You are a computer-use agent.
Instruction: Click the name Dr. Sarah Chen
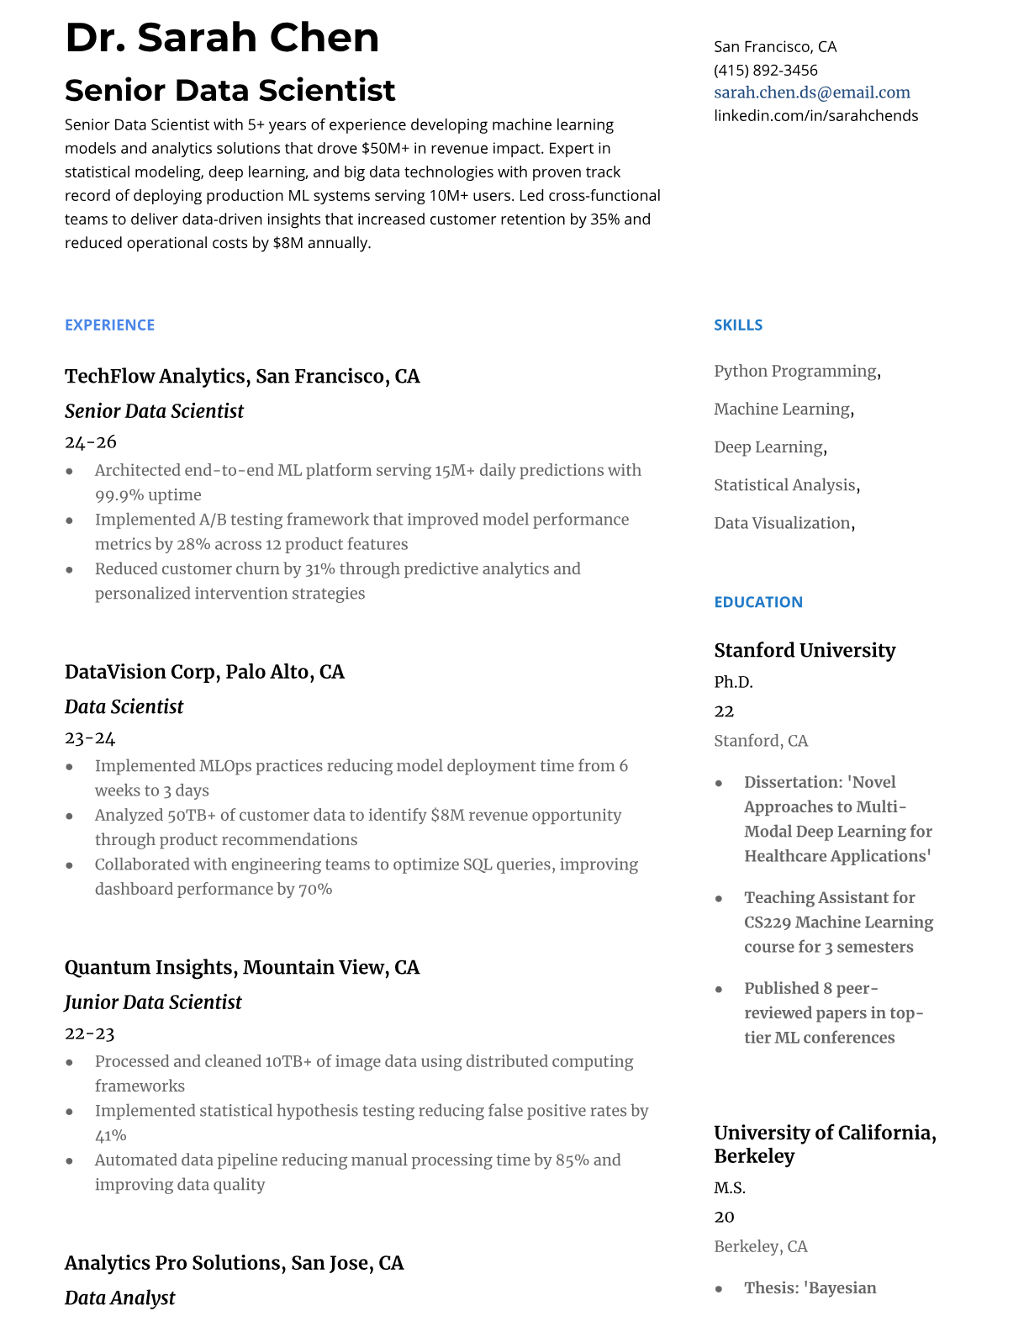pos(222,38)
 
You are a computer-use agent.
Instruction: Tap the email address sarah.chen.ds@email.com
pos(812,92)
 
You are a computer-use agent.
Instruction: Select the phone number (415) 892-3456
pos(765,70)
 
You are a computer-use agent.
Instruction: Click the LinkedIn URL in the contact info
pos(815,115)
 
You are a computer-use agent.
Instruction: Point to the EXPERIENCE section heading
pos(109,325)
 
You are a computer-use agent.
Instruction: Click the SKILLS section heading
pos(738,325)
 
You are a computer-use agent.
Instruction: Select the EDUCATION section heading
pos(757,602)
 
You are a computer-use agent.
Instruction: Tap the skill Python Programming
pos(795,371)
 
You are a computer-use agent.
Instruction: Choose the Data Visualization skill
pos(782,523)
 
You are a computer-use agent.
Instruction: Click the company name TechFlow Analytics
pos(156,376)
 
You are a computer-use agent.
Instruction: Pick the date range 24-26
pos(90,441)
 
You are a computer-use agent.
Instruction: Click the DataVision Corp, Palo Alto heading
pos(204,672)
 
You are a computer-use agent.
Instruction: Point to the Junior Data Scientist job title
pos(153,1002)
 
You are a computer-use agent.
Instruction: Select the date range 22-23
pos(89,1033)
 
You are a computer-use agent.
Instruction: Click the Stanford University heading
pos(805,650)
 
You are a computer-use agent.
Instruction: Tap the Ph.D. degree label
pos(733,681)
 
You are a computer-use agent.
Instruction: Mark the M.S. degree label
pos(730,1187)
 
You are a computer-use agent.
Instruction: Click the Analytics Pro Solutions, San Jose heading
pos(234,1263)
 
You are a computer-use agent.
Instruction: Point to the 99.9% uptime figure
pos(148,494)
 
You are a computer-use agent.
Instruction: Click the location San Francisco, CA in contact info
pos(775,46)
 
